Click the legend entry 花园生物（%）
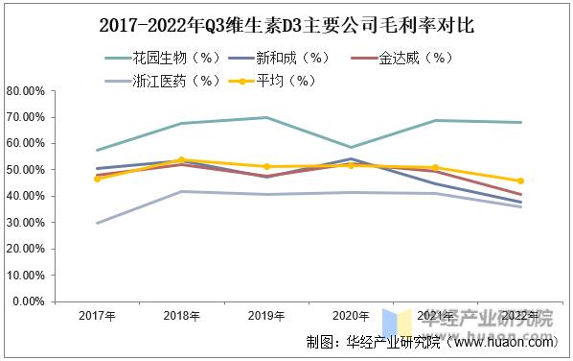coord(168,59)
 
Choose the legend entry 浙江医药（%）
coord(168,80)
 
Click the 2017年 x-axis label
coord(98,317)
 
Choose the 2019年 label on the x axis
coord(266,317)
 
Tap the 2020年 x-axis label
coord(351,317)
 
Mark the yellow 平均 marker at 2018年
coord(182,160)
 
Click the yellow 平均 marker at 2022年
coord(519,180)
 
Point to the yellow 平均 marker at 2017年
coord(98,179)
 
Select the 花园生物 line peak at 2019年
coord(266,118)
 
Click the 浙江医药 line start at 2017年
coord(98,223)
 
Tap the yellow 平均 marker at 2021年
coord(435,168)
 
